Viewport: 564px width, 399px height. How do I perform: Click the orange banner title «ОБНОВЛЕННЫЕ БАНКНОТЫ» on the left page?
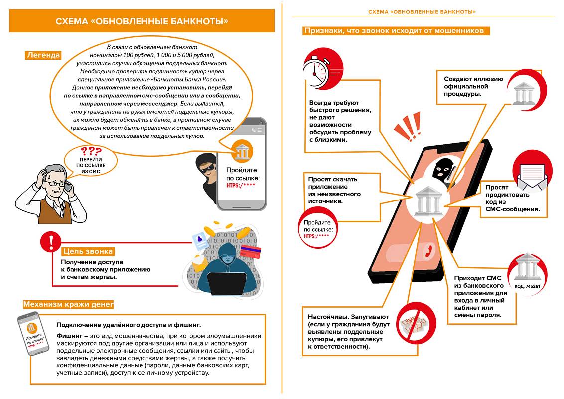(142, 21)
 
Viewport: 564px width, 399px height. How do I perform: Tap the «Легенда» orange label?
(43, 55)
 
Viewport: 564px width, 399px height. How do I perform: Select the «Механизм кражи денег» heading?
(68, 304)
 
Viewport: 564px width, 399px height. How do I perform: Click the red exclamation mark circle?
(50, 242)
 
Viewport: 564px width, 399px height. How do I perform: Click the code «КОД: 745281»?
(527, 287)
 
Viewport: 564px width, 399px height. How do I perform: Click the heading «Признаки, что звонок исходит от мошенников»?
(396, 31)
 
